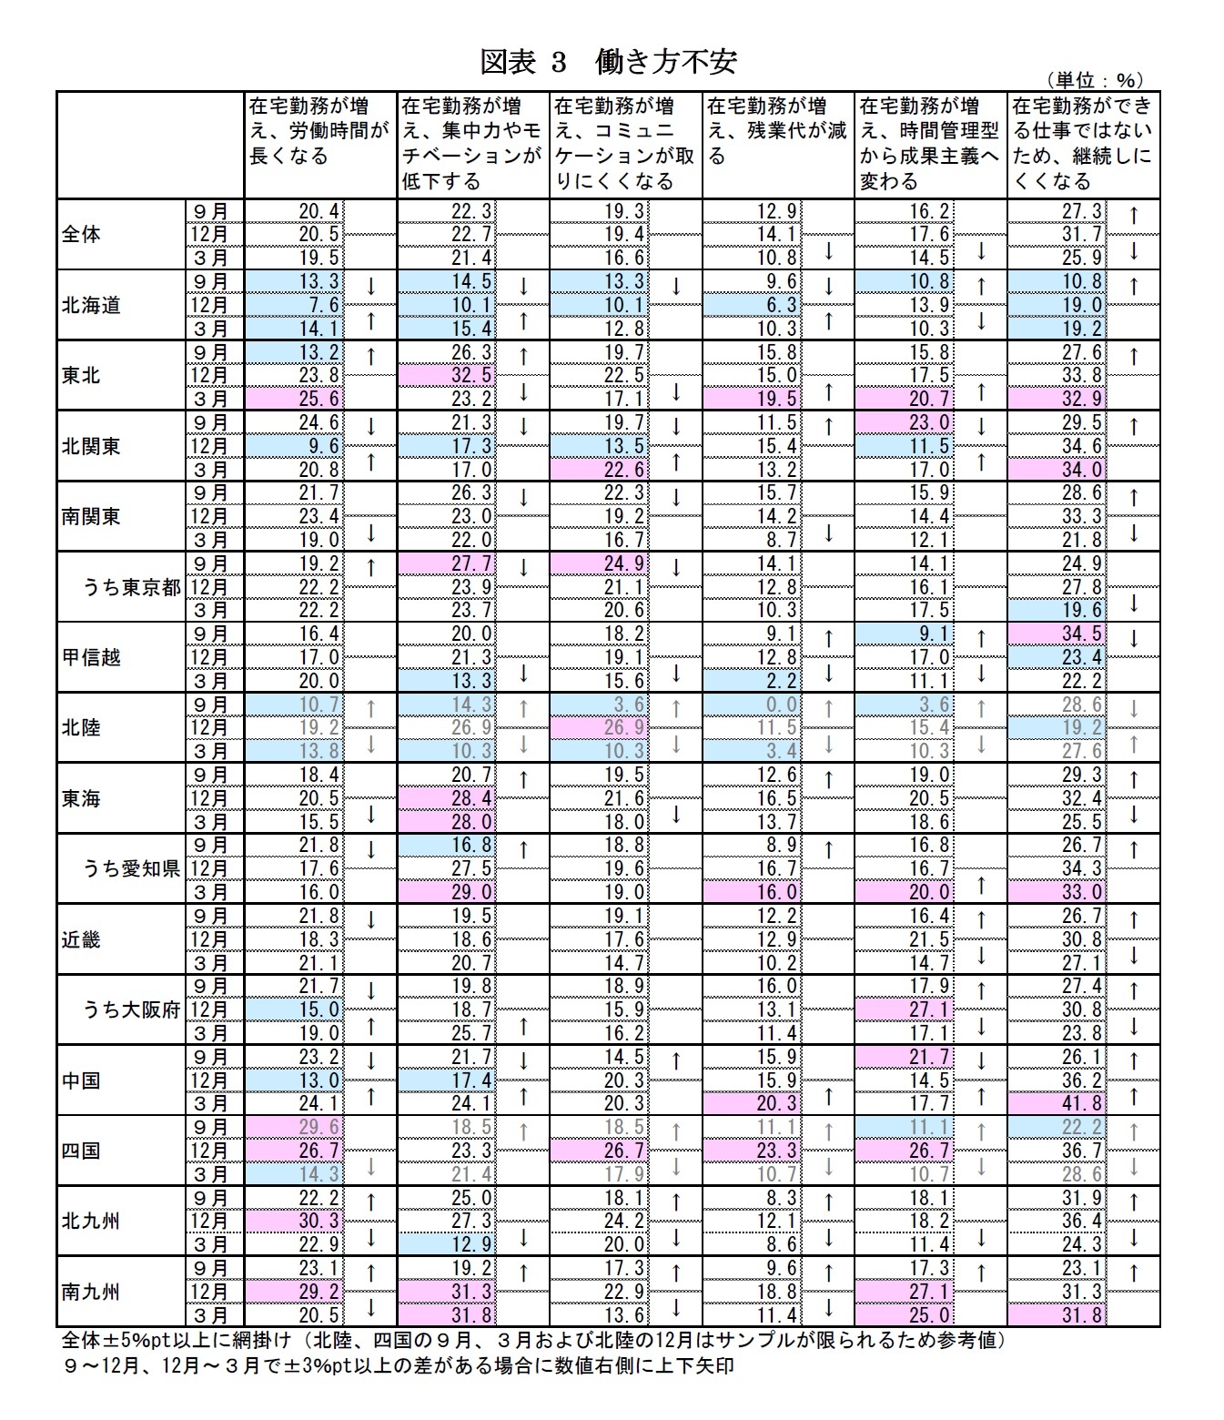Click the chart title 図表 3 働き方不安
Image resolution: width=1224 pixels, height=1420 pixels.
(608, 62)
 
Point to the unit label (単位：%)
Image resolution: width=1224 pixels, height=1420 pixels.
(1093, 81)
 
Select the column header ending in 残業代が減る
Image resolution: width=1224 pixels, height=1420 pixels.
(777, 132)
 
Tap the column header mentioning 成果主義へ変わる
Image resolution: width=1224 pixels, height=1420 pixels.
(929, 144)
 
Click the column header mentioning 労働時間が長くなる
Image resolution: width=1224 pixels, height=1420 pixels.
(319, 132)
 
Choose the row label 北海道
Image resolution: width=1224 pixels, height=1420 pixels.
(91, 305)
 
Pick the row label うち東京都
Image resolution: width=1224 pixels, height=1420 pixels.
(133, 587)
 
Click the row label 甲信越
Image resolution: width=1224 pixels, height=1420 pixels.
(91, 657)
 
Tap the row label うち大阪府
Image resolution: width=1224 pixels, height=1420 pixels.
(133, 1009)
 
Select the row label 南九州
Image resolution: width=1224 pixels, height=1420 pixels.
(91, 1292)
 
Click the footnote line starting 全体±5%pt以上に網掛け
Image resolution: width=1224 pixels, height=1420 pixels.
(533, 1341)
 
